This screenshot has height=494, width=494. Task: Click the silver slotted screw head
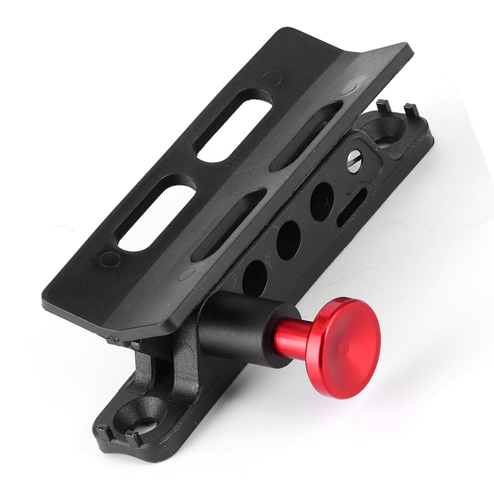point(354,160)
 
